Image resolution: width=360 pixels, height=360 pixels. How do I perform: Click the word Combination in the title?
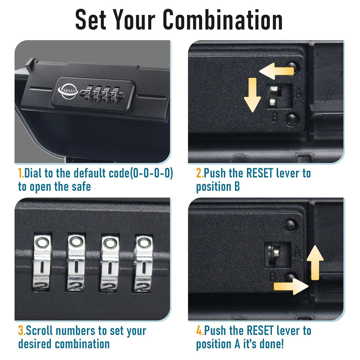(222, 19)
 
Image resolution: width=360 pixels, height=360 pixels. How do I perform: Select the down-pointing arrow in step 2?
(252, 95)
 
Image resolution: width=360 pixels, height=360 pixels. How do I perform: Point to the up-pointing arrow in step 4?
(315, 263)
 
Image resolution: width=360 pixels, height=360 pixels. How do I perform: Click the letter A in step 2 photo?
(299, 94)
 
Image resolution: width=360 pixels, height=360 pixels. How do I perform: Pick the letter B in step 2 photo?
(274, 117)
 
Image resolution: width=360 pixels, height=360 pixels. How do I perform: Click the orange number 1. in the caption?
(21, 173)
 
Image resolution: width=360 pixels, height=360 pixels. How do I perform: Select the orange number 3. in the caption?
(22, 330)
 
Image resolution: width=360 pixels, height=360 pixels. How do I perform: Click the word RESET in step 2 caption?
(260, 173)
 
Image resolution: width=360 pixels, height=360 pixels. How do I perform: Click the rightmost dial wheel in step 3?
(143, 264)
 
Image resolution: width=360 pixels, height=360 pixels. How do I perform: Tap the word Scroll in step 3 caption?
(39, 330)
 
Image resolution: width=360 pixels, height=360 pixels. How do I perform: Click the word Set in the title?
(91, 19)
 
